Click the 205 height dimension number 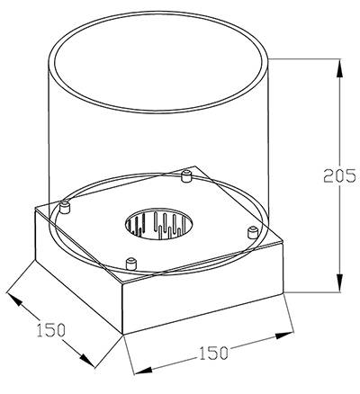coord(340,175)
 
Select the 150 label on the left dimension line coord(51,330)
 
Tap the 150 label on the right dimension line coord(213,353)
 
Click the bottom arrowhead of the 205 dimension coord(339,282)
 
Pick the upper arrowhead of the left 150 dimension coord(14,299)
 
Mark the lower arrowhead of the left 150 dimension coord(87,361)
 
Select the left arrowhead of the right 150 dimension coord(142,370)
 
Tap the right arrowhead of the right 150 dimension coord(284,336)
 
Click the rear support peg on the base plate coord(186,175)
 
